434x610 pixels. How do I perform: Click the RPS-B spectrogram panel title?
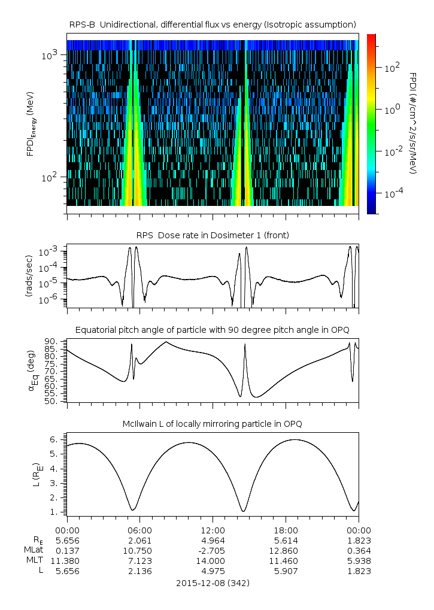pos(213,24)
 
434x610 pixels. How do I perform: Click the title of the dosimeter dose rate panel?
pos(213,235)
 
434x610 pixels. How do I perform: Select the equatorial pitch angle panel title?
pos(213,330)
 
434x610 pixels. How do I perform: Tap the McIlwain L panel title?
pos(213,424)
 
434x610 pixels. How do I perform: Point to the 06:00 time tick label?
pos(140,530)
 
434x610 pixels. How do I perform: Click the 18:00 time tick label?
pos(286,530)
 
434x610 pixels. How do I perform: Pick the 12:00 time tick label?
pos(213,530)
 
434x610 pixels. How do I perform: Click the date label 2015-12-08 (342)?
pos(213,582)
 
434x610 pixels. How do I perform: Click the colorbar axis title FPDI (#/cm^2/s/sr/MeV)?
pos(413,123)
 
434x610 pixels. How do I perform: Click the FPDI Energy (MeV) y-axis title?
pos(31,126)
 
